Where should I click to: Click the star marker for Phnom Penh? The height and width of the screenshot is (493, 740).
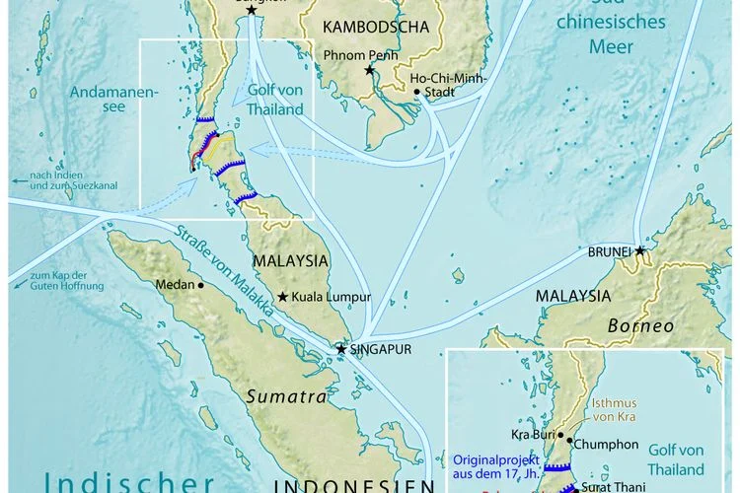370,70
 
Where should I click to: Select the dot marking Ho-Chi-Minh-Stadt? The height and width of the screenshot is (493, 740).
417,92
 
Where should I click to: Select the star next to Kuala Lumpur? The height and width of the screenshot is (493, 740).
282,297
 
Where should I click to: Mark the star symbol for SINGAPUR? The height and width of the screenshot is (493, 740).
341,349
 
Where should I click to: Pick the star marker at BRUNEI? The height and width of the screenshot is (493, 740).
640,251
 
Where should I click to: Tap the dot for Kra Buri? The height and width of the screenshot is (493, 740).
561,434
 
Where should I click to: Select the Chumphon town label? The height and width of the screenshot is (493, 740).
601,444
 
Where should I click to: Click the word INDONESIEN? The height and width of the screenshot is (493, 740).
352,486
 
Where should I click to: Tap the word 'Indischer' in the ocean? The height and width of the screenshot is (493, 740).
128,482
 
